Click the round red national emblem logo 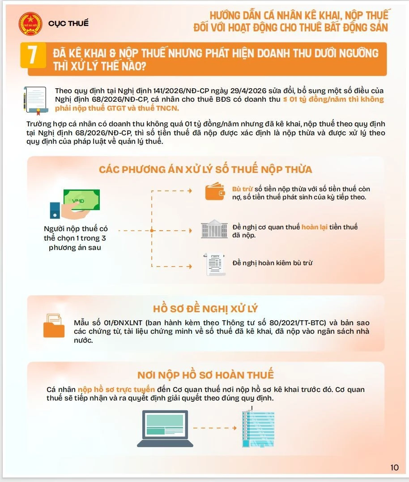click(30, 24)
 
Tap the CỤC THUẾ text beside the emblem click(68, 23)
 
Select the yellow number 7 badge click(33, 55)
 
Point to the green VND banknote click(82, 199)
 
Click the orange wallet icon click(215, 191)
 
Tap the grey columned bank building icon click(214, 229)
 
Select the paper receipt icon click(215, 264)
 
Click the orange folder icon click(54, 326)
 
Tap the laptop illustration click(165, 429)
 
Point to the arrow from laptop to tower click(215, 428)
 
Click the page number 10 click(394, 468)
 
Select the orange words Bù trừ click(242, 189)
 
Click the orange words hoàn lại click(315, 227)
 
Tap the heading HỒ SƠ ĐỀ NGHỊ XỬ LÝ click(205, 309)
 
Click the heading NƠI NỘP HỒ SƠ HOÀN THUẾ click(205, 375)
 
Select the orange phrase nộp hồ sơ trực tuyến click(116, 389)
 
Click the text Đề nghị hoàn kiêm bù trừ click(273, 263)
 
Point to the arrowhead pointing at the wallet click(190, 191)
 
